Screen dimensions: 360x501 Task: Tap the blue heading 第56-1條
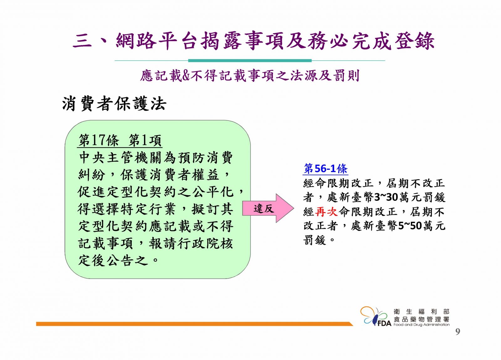tap(326, 169)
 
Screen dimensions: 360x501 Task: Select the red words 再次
tap(326, 212)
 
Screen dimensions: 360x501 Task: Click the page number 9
tap(457, 332)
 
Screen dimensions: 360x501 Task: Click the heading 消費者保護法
tap(114, 103)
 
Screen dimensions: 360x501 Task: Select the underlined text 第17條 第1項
tap(120, 140)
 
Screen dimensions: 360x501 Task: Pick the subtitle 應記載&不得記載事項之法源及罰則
tap(250, 76)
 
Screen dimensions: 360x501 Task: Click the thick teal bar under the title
tap(250, 60)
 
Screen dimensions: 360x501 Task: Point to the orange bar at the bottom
tap(194, 324)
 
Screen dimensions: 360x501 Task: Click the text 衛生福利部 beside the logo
tap(421, 311)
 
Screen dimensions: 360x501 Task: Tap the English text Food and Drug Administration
tap(421, 325)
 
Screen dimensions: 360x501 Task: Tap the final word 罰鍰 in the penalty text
tap(315, 240)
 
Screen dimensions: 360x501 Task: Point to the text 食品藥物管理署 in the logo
tap(421, 319)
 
